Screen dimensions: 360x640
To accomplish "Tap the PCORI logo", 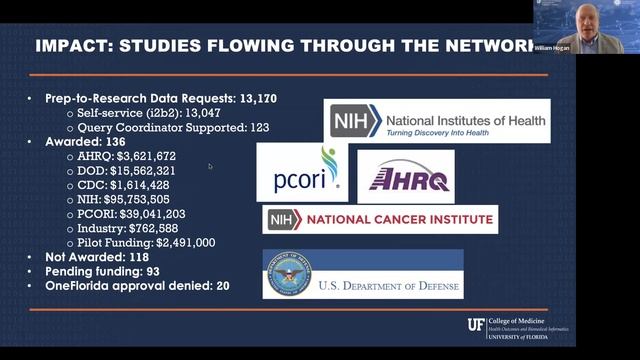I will pos(302,172).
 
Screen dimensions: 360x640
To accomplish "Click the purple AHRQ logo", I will pos(405,177).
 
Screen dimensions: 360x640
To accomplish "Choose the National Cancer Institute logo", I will pos(379,219).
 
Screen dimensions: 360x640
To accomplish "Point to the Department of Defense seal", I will pos(288,274).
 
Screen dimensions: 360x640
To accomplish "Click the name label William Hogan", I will pos(557,48).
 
